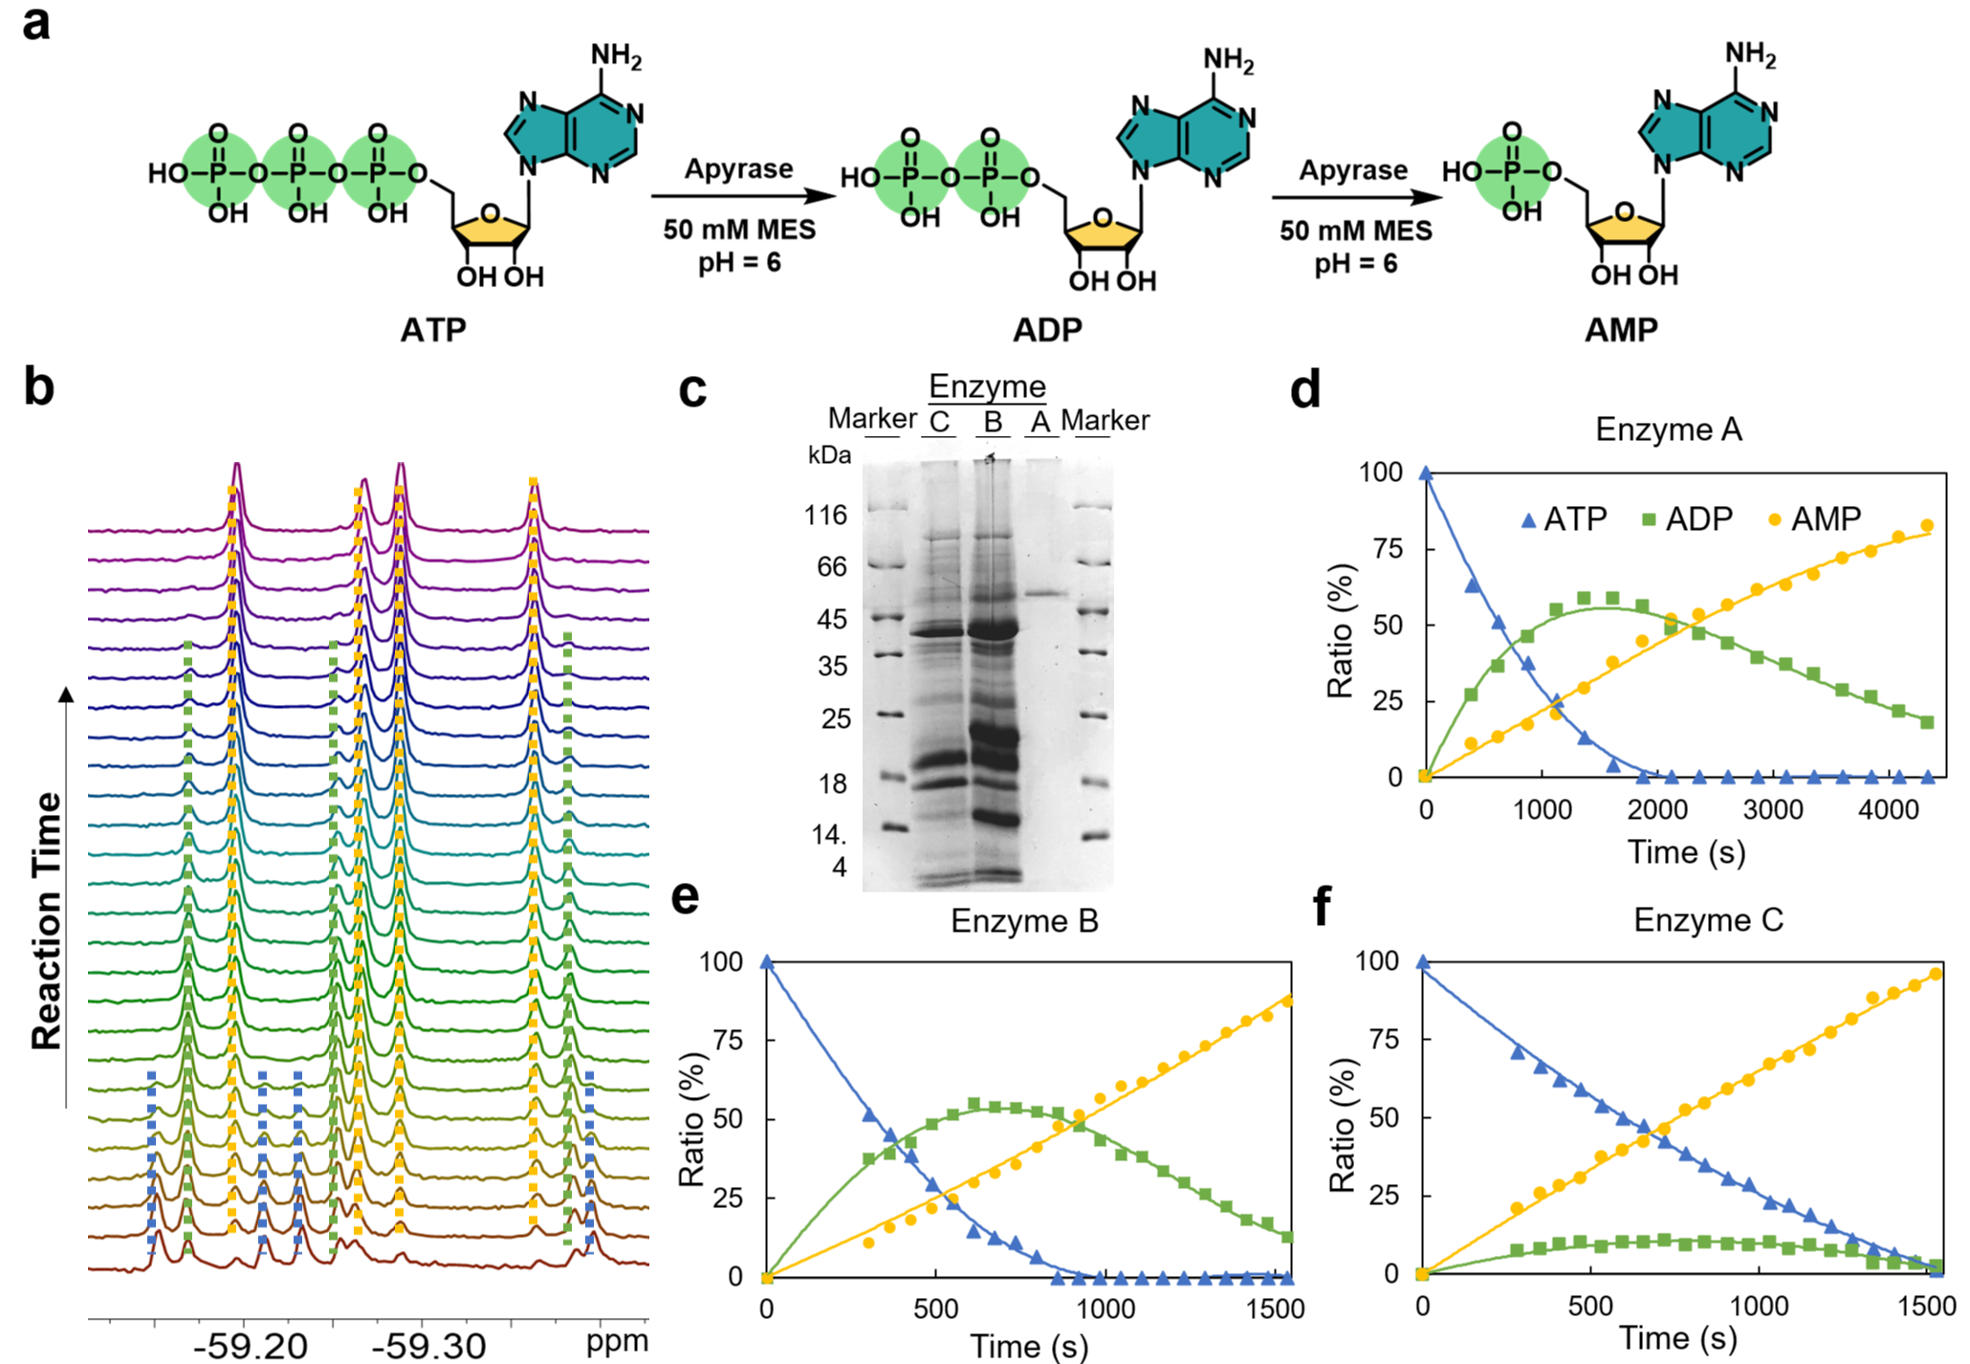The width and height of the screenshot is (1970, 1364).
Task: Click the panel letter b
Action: point(38,387)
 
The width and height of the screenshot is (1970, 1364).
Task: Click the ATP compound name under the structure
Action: point(433,330)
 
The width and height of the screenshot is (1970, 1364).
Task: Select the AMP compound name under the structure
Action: point(1620,330)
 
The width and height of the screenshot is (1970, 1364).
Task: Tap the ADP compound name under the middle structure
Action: point(1047,330)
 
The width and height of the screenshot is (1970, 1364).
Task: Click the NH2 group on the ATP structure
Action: point(615,56)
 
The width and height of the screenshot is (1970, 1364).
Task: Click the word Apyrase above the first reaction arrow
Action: point(738,169)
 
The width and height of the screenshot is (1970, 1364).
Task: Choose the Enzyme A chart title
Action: point(1668,429)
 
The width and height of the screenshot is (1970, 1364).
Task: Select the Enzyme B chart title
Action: point(1023,920)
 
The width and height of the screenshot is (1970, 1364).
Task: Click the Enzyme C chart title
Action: point(1708,919)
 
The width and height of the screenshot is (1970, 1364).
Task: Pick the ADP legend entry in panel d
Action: point(1687,519)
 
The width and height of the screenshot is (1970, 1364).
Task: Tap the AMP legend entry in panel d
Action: point(1814,519)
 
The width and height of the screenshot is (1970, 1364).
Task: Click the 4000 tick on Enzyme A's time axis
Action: point(1888,810)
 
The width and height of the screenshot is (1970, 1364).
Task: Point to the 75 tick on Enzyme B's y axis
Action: point(728,1040)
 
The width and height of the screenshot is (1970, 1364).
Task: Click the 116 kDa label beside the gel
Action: point(825,516)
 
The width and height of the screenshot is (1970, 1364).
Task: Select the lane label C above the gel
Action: point(939,422)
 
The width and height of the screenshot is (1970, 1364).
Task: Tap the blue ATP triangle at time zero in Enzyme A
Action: point(1426,473)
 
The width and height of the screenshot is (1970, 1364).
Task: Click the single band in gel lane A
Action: point(1045,593)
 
